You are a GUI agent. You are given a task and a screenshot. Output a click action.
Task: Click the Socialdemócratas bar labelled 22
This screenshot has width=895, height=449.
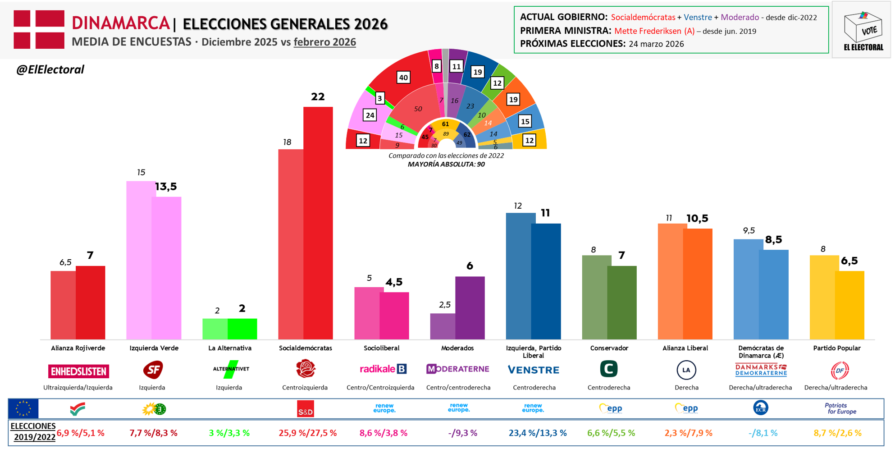318,223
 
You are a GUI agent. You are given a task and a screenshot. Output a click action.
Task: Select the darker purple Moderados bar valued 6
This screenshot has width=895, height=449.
470,308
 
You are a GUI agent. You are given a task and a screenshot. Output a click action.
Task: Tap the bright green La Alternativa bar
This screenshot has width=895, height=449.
242,329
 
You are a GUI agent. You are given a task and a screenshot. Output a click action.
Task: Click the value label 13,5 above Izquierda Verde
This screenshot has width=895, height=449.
166,187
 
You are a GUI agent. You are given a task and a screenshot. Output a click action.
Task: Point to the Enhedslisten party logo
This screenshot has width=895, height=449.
78,371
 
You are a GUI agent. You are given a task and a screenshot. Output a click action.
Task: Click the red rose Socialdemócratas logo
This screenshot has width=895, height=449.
306,369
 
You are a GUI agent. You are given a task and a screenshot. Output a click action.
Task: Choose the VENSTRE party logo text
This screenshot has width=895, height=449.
533,370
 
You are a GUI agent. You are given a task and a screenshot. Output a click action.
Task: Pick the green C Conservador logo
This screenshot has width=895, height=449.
608,369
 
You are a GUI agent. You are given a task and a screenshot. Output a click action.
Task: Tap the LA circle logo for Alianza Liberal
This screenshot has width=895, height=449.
686,370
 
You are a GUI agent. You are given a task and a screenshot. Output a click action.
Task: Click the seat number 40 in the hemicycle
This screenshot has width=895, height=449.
403,78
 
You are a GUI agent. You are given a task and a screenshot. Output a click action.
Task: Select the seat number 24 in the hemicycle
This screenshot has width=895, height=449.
370,115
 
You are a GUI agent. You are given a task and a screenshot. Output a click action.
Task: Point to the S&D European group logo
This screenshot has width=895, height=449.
306,409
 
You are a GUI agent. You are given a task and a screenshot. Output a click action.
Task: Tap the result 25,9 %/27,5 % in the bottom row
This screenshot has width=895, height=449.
307,433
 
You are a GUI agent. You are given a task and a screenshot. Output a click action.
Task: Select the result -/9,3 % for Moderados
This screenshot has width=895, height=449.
462,433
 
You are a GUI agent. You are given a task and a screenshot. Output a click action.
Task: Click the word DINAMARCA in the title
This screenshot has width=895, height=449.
120,23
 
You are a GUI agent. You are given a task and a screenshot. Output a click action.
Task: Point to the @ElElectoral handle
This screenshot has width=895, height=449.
50,69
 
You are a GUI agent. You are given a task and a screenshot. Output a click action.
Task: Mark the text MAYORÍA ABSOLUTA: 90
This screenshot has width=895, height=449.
446,165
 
